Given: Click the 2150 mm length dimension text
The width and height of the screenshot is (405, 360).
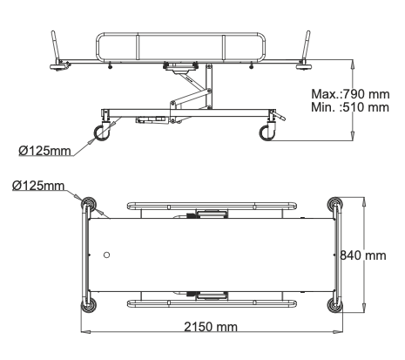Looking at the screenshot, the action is click(x=211, y=327).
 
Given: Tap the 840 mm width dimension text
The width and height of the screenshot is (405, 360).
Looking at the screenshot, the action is click(x=363, y=255).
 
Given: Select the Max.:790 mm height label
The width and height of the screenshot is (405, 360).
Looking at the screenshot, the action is click(x=350, y=94).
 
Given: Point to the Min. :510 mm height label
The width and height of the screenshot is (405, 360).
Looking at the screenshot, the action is click(x=350, y=107).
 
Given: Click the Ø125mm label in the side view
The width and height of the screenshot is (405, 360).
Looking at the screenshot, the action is click(x=44, y=151).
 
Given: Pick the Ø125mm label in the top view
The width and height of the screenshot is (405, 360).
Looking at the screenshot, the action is click(x=38, y=186).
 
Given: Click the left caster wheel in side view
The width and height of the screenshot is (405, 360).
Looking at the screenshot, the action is click(x=102, y=133).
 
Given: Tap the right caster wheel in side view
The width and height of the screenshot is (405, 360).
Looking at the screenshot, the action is click(x=267, y=133).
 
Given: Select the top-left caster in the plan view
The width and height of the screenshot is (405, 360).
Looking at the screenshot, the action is click(x=88, y=204).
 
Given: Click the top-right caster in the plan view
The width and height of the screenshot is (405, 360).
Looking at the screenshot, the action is click(x=334, y=204).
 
